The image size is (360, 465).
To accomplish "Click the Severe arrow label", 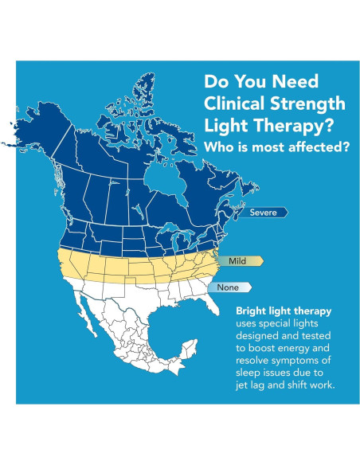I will point(264,213).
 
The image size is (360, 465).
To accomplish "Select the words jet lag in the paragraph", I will point(254,386).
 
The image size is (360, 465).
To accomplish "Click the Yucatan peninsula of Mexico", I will point(189,347).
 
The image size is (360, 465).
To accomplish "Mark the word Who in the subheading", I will point(219,148).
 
